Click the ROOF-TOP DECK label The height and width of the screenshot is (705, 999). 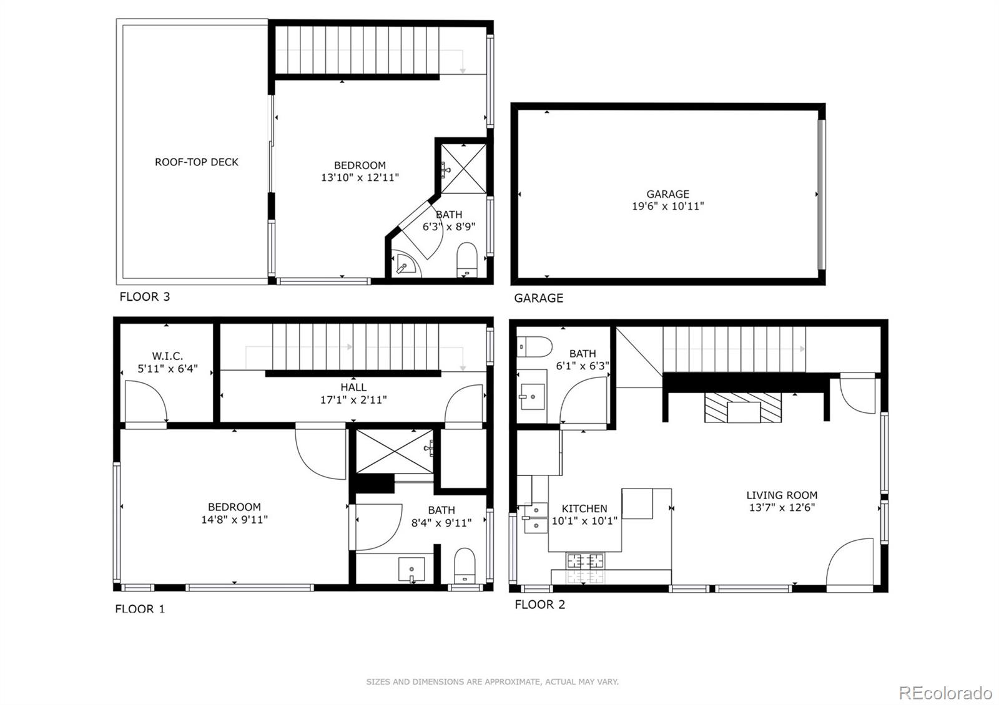coord(197,162)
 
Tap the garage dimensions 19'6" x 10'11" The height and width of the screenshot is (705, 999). coord(667,206)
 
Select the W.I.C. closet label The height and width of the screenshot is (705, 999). coord(167,356)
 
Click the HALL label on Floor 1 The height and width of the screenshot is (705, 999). coord(353,387)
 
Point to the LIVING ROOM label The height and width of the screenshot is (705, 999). coord(782,495)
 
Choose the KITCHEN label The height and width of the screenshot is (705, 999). coord(584,508)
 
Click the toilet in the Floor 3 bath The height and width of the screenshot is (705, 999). coord(467,259)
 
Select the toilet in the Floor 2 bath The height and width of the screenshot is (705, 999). coord(535,346)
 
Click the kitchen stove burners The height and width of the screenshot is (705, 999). coord(586,568)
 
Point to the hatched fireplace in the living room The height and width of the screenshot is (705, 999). coord(743,408)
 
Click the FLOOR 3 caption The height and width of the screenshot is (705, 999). coord(144,297)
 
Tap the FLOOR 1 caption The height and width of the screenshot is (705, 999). coord(140,609)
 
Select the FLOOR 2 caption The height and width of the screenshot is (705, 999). coord(539,605)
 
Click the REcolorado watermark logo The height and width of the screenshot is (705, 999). coord(945,693)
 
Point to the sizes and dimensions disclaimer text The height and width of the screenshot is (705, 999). coord(492,682)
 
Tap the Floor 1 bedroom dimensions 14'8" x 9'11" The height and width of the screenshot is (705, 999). coord(234,519)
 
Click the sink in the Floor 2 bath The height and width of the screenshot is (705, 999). coord(532,396)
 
